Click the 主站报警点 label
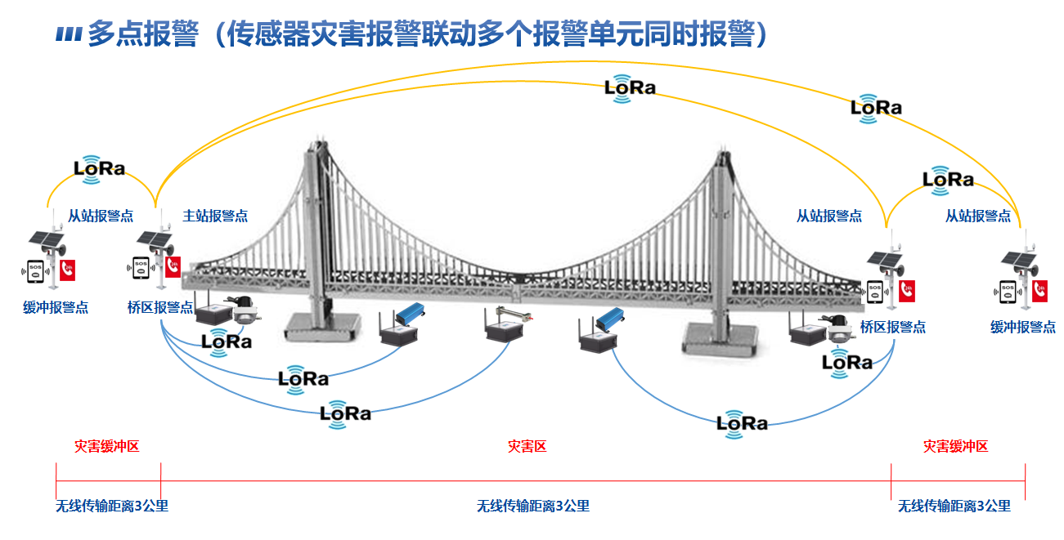[x=215, y=216]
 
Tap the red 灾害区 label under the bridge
[x=527, y=446]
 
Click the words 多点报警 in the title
[x=142, y=33]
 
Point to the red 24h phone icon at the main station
[x=173, y=267]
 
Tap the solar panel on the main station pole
[x=153, y=239]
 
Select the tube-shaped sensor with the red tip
[x=508, y=315]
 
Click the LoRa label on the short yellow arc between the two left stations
[x=100, y=168]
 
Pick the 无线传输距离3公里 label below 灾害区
[x=532, y=506]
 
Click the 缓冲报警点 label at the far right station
[x=1022, y=327]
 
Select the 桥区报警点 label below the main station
[x=160, y=307]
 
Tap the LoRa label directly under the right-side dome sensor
[x=847, y=362]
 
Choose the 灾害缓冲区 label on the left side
[x=107, y=446]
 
